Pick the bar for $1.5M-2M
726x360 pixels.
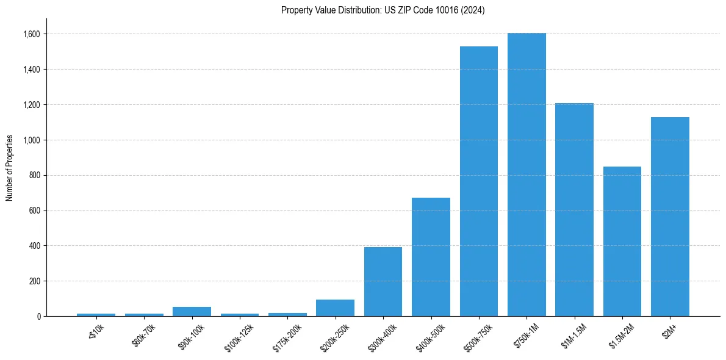pyautogui.click(x=622, y=241)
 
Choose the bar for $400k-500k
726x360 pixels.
pyautogui.click(x=431, y=257)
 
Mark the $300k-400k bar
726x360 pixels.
pyautogui.click(x=383, y=281)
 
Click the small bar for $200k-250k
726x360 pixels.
pyautogui.click(x=335, y=308)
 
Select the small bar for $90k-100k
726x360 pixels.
pyautogui.click(x=192, y=312)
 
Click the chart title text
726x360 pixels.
pyautogui.click(x=383, y=10)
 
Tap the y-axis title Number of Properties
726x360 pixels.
pyautogui.click(x=10, y=168)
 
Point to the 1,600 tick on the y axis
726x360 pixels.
pyautogui.click(x=31, y=34)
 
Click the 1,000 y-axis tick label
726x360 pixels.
pyautogui.click(x=31, y=140)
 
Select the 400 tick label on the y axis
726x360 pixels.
pyautogui.click(x=35, y=246)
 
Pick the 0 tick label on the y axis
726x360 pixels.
pyautogui.click(x=38, y=317)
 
